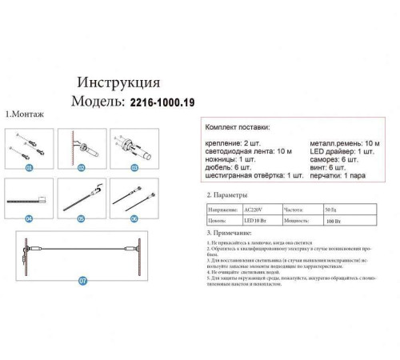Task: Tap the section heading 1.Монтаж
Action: coord(25,114)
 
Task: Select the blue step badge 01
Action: coord(30,169)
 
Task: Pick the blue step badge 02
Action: coord(82,169)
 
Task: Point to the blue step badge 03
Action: coord(134,169)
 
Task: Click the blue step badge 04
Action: coord(30,218)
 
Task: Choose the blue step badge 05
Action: coord(82,218)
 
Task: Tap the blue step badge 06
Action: coord(134,218)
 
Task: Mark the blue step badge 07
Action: coord(82,281)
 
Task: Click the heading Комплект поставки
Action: coord(238,128)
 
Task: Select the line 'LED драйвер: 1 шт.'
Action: coord(338,151)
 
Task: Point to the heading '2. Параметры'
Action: coord(227,195)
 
